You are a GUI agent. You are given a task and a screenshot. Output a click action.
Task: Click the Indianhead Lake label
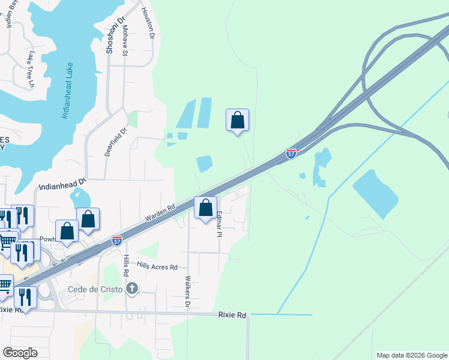tap(67, 91)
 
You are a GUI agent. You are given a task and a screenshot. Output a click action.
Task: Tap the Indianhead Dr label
tap(63, 183)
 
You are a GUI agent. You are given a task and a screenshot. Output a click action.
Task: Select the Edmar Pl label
tap(219, 223)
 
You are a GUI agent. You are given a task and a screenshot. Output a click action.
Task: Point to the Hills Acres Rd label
tap(157, 266)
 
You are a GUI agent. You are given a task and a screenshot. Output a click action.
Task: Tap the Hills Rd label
tap(126, 265)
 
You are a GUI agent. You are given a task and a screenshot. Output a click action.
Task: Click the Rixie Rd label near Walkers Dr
tap(232, 315)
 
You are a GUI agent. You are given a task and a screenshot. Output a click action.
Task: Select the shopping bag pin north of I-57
tap(237, 120)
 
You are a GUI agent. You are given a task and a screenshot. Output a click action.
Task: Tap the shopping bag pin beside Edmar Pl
tap(206, 208)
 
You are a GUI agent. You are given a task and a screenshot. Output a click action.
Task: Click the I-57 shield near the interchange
tap(291, 154)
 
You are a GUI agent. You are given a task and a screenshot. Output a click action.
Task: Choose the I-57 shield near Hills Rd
tap(117, 241)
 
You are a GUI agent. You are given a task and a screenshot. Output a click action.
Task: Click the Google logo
tap(20, 353)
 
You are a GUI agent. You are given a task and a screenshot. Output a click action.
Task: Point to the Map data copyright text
tap(412, 355)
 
